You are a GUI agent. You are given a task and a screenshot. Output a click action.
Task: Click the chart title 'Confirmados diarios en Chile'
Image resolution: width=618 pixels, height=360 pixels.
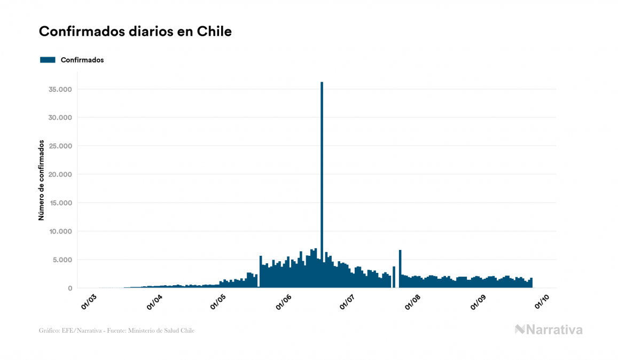click(135, 32)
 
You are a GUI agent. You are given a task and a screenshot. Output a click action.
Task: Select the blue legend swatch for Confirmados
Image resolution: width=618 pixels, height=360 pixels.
click(48, 60)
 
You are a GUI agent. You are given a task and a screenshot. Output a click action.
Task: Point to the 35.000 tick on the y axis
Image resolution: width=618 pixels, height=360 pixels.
click(60, 89)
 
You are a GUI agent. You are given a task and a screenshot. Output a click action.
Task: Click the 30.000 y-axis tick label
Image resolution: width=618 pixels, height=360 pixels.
click(60, 118)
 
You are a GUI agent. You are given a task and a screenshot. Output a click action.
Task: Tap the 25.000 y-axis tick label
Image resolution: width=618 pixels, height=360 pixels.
click(60, 146)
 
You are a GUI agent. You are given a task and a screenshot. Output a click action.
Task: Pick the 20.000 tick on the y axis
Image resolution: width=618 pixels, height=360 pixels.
click(60, 174)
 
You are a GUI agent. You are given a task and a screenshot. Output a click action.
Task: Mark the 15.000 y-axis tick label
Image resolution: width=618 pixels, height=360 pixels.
click(60, 203)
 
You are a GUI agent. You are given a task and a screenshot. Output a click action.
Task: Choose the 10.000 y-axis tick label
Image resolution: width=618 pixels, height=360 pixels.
click(60, 231)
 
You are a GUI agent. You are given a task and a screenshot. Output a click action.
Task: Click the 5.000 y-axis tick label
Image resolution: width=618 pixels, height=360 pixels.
click(62, 260)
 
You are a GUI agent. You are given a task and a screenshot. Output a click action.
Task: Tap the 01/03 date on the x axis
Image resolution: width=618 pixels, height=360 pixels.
click(89, 300)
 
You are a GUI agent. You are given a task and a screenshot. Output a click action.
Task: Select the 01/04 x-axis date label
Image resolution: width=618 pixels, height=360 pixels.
click(154, 300)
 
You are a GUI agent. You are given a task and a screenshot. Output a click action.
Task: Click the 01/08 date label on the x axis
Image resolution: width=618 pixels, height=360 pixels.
click(413, 300)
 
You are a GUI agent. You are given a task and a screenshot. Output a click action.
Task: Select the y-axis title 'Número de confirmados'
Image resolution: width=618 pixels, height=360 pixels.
click(41, 180)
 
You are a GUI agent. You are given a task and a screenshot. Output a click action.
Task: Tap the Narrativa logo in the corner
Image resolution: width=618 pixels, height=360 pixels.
click(549, 330)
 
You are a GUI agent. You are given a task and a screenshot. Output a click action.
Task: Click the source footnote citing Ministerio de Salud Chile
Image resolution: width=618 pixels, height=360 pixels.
click(116, 331)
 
